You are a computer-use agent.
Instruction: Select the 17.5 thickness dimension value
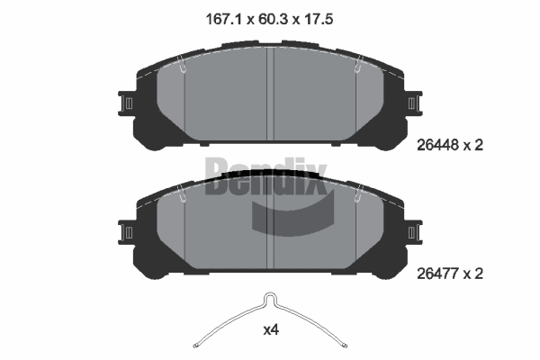click(318, 19)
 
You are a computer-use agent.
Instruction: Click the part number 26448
click(437, 145)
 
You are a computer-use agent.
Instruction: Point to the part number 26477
click(437, 274)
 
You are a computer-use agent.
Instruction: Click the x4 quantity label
click(271, 330)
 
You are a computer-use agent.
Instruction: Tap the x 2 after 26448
click(473, 145)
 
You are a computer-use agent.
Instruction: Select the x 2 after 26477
click(473, 274)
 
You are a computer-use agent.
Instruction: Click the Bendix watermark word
click(265, 176)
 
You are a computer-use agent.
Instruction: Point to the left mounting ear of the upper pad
click(126, 103)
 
